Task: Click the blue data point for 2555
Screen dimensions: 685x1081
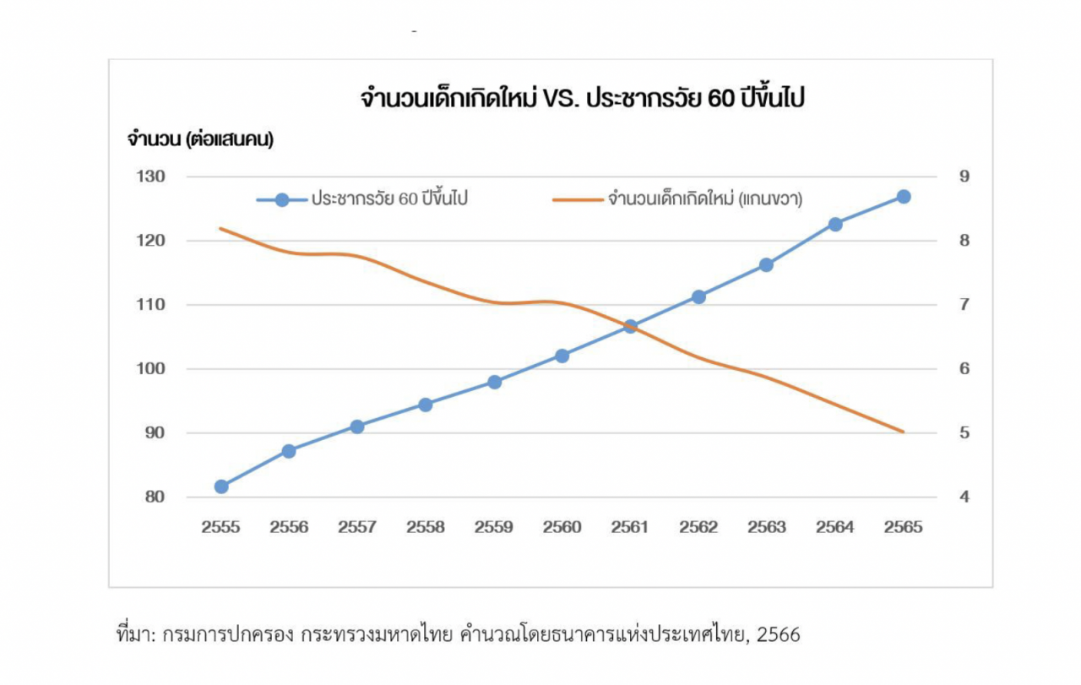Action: point(221,487)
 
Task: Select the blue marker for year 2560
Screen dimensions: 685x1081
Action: point(562,356)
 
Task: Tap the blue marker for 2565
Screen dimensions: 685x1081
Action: point(904,197)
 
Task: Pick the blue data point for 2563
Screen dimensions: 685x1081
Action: point(766,264)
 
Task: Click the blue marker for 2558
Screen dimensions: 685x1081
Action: point(426,405)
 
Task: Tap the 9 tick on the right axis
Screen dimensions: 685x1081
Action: point(963,177)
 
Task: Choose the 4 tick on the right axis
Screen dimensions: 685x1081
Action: point(963,497)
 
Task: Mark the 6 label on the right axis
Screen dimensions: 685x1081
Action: point(963,369)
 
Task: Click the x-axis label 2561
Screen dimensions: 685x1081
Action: point(630,527)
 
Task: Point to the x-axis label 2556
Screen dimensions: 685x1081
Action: point(289,527)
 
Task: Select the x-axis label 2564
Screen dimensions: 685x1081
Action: point(834,527)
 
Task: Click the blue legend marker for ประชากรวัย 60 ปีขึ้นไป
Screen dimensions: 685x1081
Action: point(282,200)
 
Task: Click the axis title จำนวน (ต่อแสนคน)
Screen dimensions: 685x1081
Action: point(200,139)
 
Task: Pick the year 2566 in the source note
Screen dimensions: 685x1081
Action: point(779,634)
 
